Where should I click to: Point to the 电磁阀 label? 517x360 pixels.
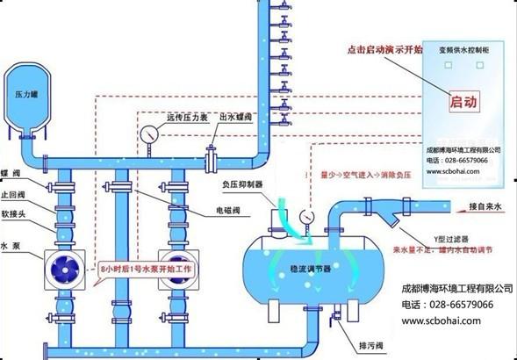(230, 212)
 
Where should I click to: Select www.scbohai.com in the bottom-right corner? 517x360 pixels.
(443, 321)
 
